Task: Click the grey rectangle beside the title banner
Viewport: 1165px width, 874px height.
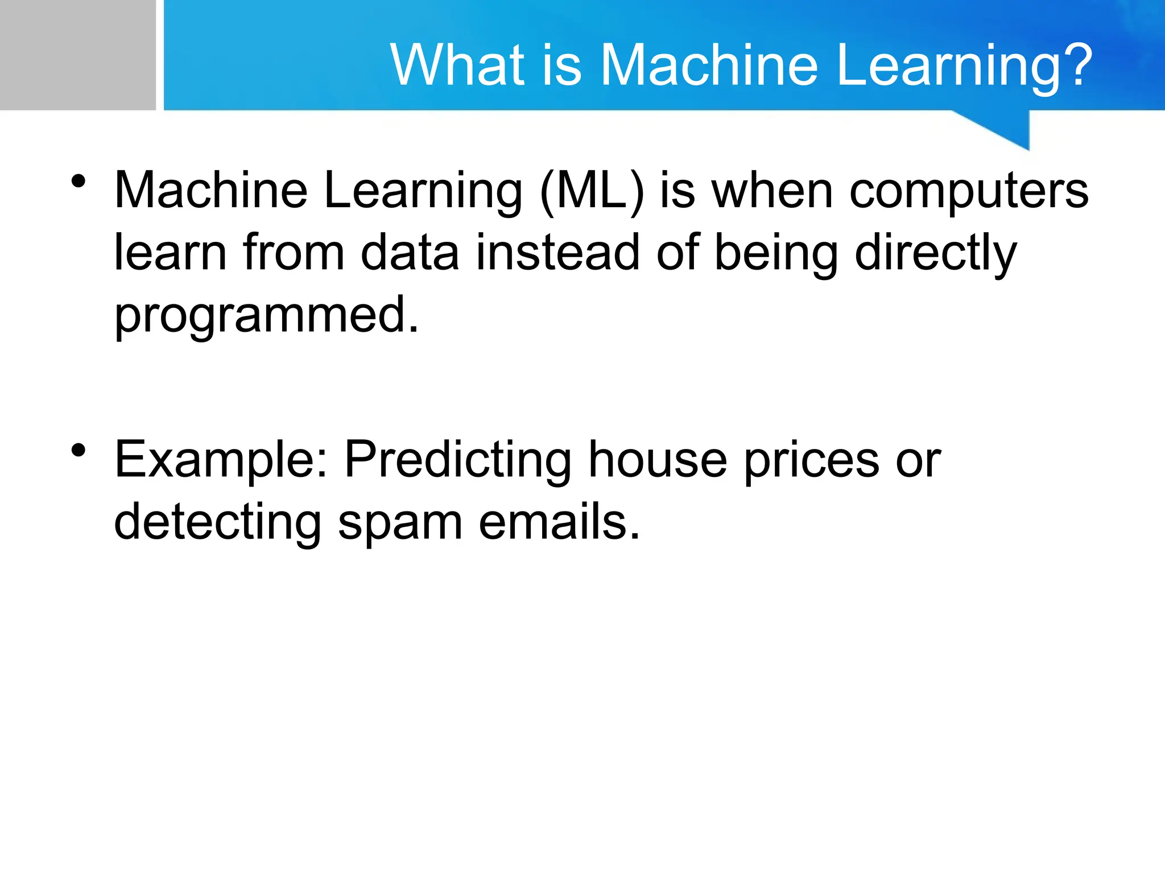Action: tap(77, 55)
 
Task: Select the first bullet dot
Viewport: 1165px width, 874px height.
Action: tap(79, 182)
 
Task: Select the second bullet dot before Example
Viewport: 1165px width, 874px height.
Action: tap(79, 451)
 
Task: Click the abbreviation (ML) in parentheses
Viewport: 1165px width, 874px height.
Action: tap(592, 191)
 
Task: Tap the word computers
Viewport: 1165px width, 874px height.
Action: tap(968, 191)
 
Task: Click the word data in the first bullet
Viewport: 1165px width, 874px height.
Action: tap(410, 253)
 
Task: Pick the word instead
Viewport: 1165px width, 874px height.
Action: tap(557, 253)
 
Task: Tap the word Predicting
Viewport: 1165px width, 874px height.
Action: tap(458, 460)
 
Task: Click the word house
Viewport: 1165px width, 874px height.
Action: tap(658, 460)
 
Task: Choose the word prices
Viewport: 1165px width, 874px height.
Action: tap(811, 460)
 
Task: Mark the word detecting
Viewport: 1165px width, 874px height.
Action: tap(217, 522)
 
